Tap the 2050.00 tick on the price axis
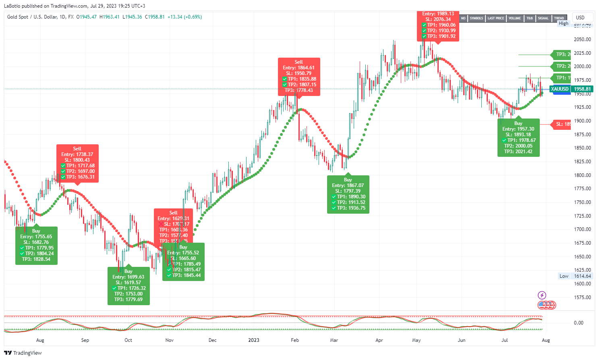click(x=582, y=40)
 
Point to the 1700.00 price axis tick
click(x=582, y=229)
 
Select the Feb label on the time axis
click(x=295, y=340)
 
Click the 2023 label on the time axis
click(x=254, y=340)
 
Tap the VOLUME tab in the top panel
click(x=514, y=18)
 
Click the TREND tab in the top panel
click(x=559, y=18)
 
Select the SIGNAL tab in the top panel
click(x=543, y=18)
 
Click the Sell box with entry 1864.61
click(x=299, y=76)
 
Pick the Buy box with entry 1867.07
click(x=348, y=194)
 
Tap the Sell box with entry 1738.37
click(x=77, y=163)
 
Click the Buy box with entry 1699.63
click(x=129, y=285)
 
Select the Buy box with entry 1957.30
click(x=518, y=137)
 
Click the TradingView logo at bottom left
click(x=23, y=353)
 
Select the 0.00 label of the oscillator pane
click(x=578, y=323)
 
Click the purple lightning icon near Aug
click(x=542, y=295)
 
